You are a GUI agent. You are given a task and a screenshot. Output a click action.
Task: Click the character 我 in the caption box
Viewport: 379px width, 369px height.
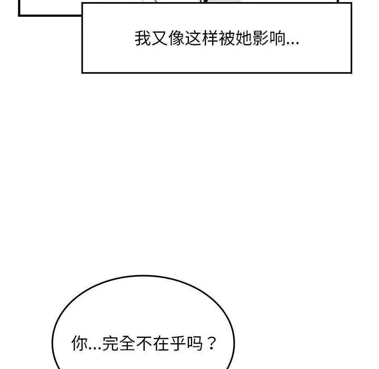tap(143, 38)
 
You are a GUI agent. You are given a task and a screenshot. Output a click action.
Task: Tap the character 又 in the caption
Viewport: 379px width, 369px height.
tap(159, 38)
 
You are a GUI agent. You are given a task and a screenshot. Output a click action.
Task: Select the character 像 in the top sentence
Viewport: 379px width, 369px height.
tap(176, 38)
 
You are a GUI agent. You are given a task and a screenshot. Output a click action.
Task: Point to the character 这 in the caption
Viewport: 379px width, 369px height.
tap(193, 38)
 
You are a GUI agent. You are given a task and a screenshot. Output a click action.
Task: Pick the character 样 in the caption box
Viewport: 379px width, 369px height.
tap(210, 38)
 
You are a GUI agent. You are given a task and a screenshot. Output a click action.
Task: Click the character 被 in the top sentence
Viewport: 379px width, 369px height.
tap(227, 38)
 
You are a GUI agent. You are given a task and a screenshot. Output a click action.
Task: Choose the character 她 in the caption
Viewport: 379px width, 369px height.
tap(244, 38)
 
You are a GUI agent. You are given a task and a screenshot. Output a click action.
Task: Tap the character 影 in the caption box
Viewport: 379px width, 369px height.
tap(261, 38)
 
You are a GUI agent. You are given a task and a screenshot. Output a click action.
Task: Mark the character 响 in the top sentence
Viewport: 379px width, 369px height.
tap(277, 38)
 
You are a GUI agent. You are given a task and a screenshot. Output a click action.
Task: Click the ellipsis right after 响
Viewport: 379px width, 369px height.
tap(293, 44)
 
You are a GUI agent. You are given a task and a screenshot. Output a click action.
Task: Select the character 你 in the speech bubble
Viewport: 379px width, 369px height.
tap(79, 343)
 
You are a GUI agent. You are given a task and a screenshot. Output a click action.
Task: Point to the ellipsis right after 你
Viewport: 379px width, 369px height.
tap(95, 348)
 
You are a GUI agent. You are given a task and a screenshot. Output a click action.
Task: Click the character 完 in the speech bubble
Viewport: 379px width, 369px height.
tap(111, 343)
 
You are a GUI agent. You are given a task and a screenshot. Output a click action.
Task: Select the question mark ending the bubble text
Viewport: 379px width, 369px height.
tap(212, 343)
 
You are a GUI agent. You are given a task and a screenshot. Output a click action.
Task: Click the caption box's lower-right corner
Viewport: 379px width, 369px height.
tap(351, 72)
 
